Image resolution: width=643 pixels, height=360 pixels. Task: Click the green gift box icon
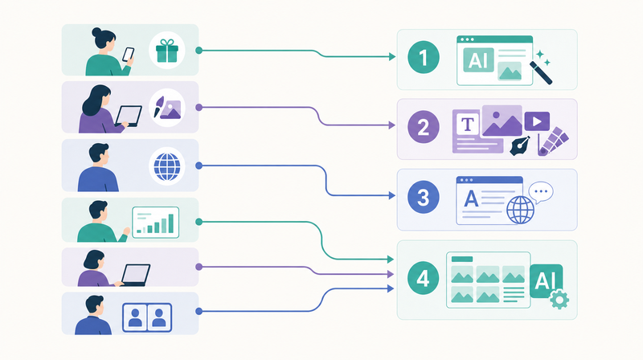coord(167,51)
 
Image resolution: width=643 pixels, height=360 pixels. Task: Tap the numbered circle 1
coord(424,57)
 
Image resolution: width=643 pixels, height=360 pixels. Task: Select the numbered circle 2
coord(424,127)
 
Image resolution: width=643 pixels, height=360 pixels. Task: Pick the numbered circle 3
coord(424,197)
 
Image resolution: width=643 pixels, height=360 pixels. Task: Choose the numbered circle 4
coord(424,278)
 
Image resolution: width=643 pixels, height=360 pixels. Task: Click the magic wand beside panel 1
coord(541,73)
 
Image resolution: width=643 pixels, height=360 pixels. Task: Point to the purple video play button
coord(537,121)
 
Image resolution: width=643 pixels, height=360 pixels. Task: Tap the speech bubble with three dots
coord(541,192)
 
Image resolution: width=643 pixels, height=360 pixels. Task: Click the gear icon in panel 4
coord(559,300)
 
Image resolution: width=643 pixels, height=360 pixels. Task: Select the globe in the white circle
coord(167,166)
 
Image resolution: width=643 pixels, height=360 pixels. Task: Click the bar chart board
coord(155,223)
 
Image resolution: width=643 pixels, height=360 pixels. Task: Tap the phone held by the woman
coord(129,55)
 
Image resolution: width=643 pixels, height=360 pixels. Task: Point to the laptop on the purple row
coord(135,275)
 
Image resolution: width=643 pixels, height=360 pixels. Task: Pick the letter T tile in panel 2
coord(468,124)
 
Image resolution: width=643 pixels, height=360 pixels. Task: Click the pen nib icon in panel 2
coord(520,145)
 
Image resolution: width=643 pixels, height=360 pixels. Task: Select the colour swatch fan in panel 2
coord(553,141)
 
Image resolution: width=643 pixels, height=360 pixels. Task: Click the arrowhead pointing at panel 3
coord(392,195)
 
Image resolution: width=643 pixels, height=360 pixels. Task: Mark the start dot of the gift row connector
coord(199,51)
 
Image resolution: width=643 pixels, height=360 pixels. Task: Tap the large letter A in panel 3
coord(471,198)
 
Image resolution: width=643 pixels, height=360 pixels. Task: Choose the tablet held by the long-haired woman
coord(129,116)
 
